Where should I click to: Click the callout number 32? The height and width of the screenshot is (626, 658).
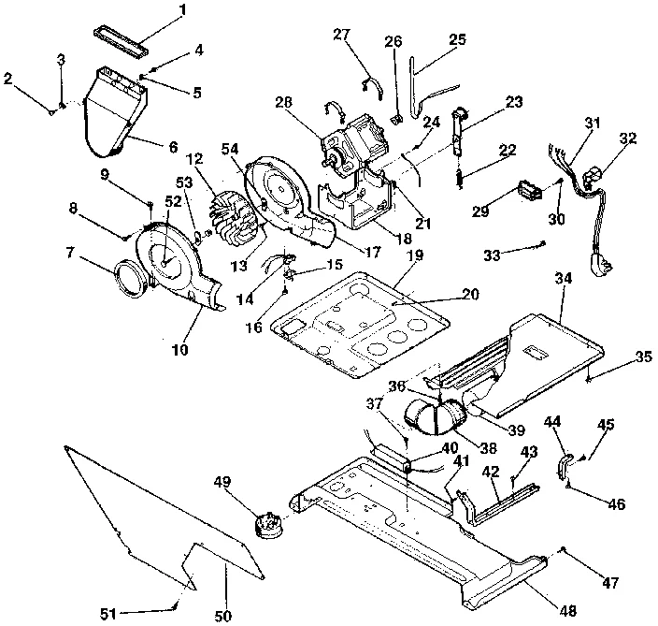628,138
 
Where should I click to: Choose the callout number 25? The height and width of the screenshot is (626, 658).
457,39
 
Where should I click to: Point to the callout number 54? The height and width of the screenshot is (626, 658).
229,148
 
